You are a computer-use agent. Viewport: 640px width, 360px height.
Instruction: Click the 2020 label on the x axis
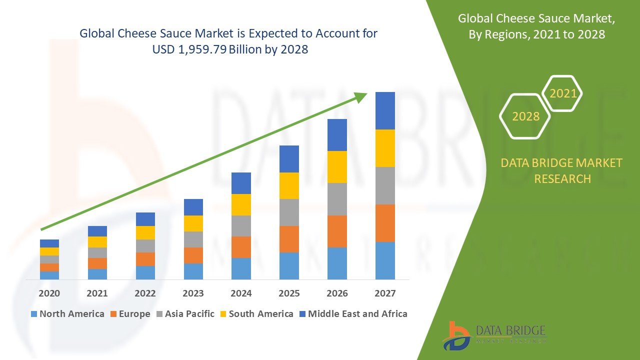point(49,293)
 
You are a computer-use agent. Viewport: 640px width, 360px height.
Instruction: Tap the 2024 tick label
point(241,293)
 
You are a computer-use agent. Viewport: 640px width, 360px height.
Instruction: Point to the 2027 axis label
point(385,293)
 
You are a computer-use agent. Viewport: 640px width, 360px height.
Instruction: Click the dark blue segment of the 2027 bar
point(385,110)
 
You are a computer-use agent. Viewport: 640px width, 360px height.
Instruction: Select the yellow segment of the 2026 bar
point(337,167)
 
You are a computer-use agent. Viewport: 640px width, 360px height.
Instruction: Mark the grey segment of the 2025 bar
point(289,212)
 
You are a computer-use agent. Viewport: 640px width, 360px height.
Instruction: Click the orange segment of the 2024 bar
point(241,247)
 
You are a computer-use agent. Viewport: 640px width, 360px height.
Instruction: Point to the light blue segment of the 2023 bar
point(193,271)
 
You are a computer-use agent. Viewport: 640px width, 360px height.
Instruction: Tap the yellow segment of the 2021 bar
point(97,242)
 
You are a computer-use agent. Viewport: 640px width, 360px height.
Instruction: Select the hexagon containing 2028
point(525,116)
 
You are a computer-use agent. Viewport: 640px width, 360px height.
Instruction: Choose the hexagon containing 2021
point(562,93)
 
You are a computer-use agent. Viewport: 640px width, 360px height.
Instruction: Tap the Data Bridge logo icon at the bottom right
point(456,335)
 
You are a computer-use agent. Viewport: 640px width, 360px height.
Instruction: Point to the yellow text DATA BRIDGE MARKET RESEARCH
point(562,170)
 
